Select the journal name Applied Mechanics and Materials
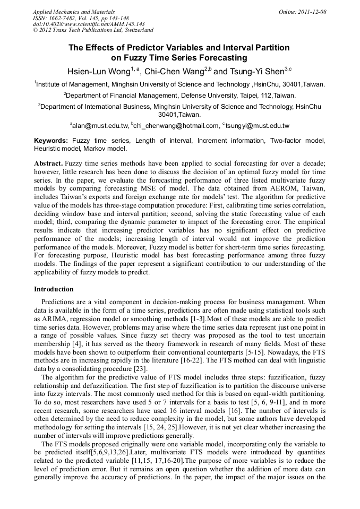[74, 12]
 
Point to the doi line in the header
[89, 24]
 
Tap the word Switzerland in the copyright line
[136, 30]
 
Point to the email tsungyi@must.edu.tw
[258, 126]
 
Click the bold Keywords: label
[51, 141]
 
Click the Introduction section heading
[54, 289]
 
